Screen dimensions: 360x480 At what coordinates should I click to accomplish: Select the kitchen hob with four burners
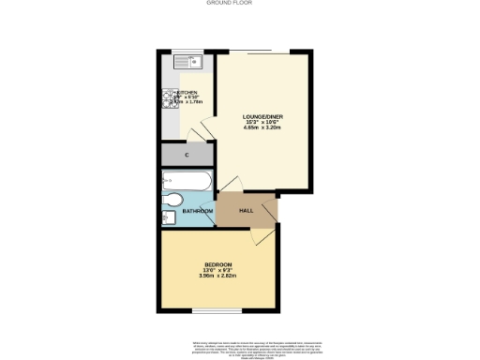coord(172,100)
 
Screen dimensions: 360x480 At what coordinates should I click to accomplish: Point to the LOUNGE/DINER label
coord(262,115)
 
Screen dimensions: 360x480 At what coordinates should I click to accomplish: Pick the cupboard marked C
coord(187,154)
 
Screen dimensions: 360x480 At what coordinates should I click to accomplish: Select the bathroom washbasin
coord(168,218)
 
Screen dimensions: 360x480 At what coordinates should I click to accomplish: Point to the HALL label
coord(247,211)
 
